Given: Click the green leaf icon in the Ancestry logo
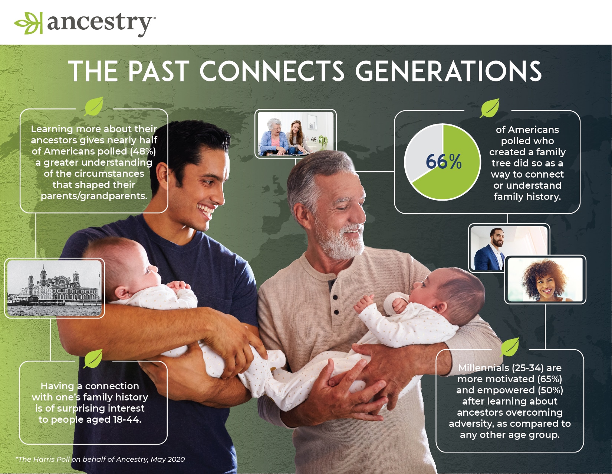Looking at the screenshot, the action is (29, 23).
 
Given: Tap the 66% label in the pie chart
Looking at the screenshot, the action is (444, 162).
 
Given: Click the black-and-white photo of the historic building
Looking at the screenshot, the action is (55, 288).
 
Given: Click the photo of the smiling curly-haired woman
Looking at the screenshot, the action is (545, 279).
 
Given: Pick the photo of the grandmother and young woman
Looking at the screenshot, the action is (296, 134).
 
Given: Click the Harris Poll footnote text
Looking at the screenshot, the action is (100, 460).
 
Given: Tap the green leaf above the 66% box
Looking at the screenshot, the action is (490, 108).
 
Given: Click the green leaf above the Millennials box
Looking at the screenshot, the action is (510, 347).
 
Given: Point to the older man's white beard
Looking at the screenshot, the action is (341, 241).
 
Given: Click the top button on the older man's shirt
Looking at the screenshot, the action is (335, 297).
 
